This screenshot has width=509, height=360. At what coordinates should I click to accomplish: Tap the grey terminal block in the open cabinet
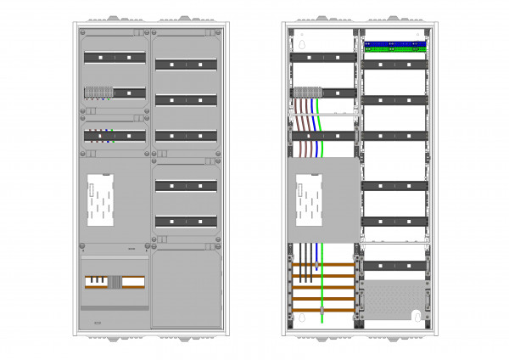point(310,93)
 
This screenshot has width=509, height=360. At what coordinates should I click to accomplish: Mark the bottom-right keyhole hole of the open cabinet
point(418,315)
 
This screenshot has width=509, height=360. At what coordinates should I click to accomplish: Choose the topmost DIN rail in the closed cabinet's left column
point(114,58)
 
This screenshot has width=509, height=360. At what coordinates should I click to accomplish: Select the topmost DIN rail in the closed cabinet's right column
point(186,64)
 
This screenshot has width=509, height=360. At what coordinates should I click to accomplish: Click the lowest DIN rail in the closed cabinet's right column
point(186,222)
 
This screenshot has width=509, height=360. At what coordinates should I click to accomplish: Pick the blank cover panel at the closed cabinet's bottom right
point(187,289)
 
